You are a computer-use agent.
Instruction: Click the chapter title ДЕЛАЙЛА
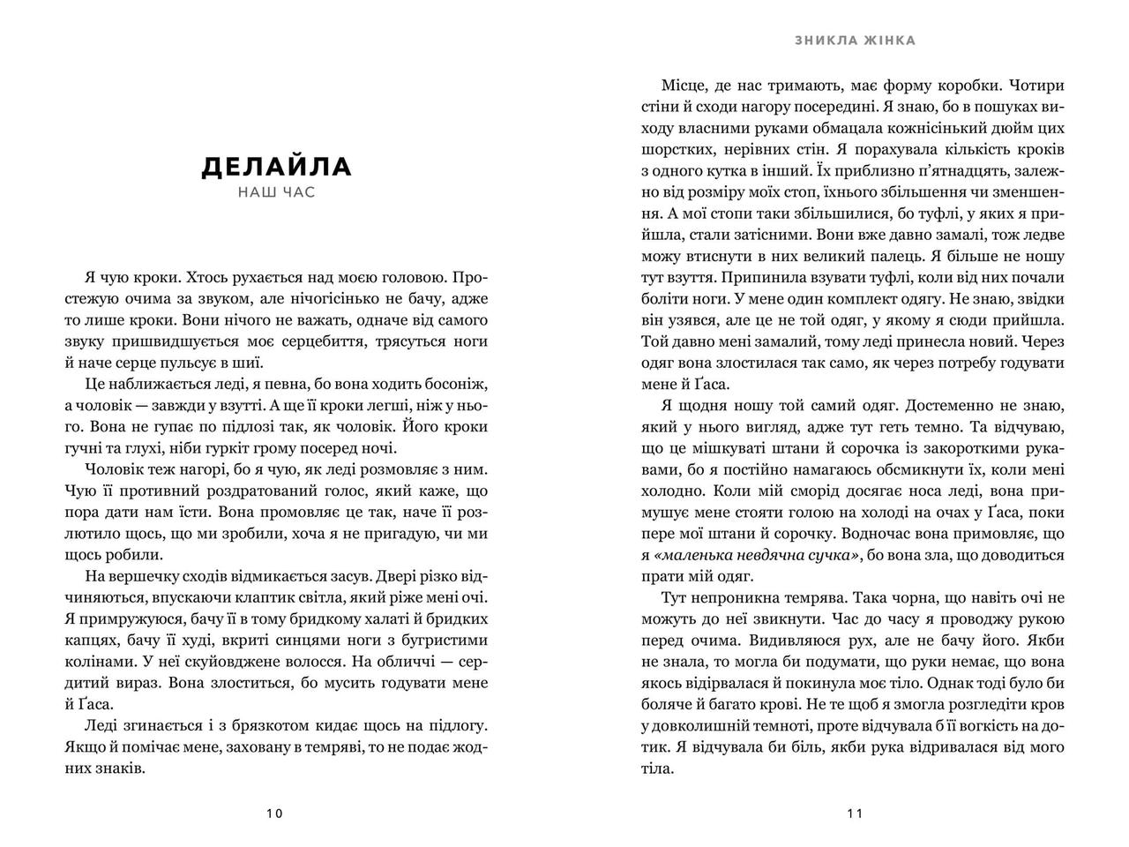click(x=276, y=167)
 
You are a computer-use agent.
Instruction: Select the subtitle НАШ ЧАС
click(x=276, y=191)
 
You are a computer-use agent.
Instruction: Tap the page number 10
click(x=274, y=813)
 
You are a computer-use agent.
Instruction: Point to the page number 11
click(x=854, y=813)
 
